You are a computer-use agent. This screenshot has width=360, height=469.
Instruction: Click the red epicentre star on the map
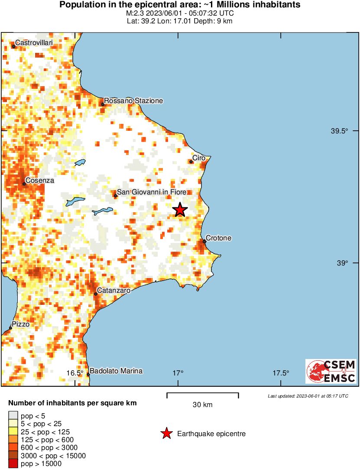coord(180,210)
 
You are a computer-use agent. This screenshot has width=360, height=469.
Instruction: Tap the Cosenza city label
coord(39,180)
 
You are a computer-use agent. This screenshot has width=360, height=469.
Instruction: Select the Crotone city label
coord(218,238)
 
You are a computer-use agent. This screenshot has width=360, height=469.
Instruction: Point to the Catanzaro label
coord(114,291)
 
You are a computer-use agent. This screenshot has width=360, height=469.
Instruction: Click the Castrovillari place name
coord(34,43)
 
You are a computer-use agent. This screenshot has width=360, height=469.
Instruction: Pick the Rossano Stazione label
coord(133,100)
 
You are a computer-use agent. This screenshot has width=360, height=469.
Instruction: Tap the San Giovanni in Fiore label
coord(152,192)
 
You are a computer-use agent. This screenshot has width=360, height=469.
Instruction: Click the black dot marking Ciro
coord(191,162)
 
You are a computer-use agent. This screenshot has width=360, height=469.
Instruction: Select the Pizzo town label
coord(20,324)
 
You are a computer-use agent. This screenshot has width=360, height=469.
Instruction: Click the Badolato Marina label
coord(116,371)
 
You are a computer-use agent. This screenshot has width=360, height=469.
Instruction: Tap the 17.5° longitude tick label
coord(281,373)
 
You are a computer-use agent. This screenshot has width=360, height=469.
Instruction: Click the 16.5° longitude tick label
coord(75,373)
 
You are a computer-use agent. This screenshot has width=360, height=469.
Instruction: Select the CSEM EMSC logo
coord(331,371)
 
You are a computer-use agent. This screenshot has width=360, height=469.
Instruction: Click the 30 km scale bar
coord(202,394)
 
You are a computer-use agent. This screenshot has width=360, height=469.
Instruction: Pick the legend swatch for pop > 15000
coord(14,464)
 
